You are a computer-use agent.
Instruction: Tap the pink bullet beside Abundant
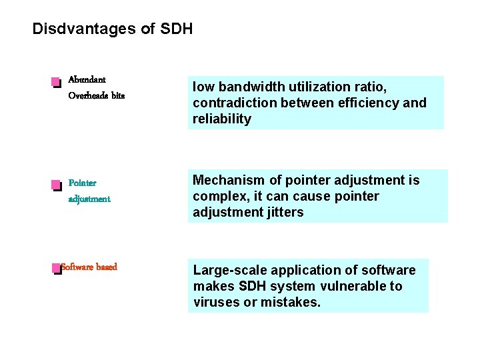coord(55,83)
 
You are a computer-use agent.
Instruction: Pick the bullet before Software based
coord(55,269)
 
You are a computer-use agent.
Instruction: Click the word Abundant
coord(87,79)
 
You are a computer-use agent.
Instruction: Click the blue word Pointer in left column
coord(82,183)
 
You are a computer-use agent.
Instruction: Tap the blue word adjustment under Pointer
coord(89,199)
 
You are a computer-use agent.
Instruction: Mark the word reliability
coord(222,119)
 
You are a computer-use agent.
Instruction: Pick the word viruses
coord(214,302)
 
